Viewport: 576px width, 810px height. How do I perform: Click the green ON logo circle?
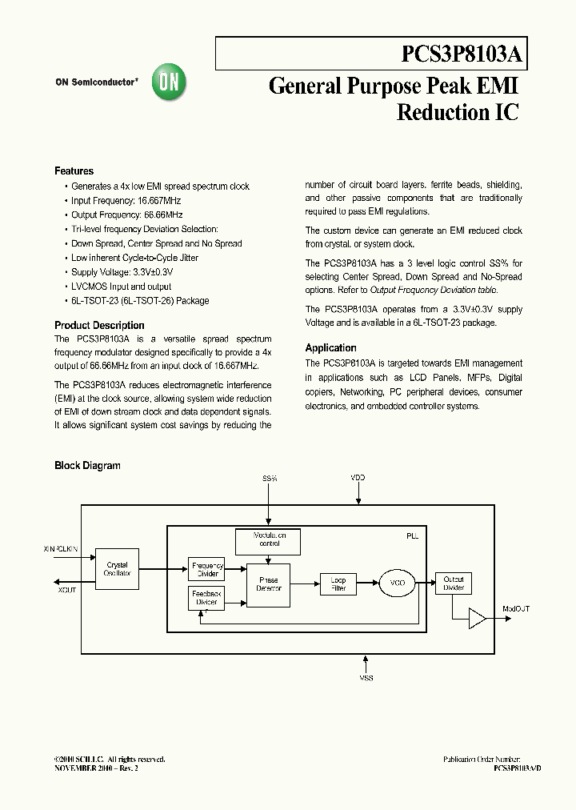[x=170, y=82]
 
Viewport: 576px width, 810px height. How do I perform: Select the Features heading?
[x=74, y=171]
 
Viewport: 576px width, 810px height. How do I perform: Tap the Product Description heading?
[x=99, y=326]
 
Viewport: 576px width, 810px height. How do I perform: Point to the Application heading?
[x=330, y=348]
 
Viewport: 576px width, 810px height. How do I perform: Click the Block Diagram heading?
[x=87, y=466]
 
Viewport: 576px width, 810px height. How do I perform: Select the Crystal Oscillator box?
[x=117, y=569]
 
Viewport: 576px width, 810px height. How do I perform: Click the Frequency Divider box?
[x=207, y=569]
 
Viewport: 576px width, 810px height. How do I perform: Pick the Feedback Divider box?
[x=207, y=598]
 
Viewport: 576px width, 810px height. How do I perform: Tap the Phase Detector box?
[x=268, y=584]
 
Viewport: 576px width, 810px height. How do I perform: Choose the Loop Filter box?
[x=338, y=584]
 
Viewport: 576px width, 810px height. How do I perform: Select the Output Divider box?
[x=454, y=583]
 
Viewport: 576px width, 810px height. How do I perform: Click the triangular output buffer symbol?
[x=477, y=617]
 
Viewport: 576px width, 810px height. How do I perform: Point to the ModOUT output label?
[x=515, y=609]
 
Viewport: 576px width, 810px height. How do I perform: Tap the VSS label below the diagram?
[x=366, y=678]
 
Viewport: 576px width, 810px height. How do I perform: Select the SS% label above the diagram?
[x=270, y=478]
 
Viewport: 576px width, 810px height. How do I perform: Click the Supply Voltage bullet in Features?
[x=122, y=272]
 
